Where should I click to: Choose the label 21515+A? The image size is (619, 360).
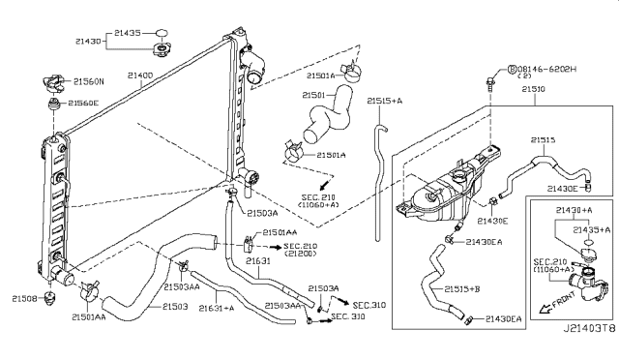coord(385,100)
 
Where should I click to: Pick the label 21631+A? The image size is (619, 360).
coord(216,308)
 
